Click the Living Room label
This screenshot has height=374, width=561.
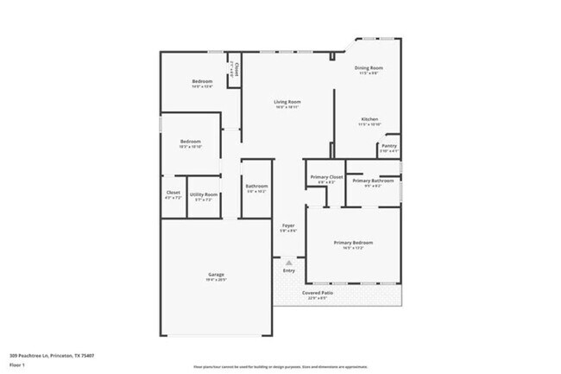(287, 103)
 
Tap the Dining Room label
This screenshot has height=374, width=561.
(369, 67)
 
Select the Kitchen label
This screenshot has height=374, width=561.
(369, 119)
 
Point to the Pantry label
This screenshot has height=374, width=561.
(388, 146)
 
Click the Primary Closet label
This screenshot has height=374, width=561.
(326, 177)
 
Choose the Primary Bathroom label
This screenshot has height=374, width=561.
(373, 181)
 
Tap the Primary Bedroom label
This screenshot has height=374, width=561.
(353, 243)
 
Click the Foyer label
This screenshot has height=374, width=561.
(288, 225)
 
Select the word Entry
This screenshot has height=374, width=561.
(288, 271)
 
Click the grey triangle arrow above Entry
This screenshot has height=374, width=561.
(288, 262)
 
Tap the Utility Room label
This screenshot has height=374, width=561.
(204, 194)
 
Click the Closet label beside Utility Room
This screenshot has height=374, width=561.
(173, 193)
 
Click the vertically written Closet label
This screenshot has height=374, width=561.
(234, 70)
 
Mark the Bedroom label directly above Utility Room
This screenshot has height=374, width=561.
(190, 142)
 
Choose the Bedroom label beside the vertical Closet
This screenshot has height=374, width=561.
(202, 81)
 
